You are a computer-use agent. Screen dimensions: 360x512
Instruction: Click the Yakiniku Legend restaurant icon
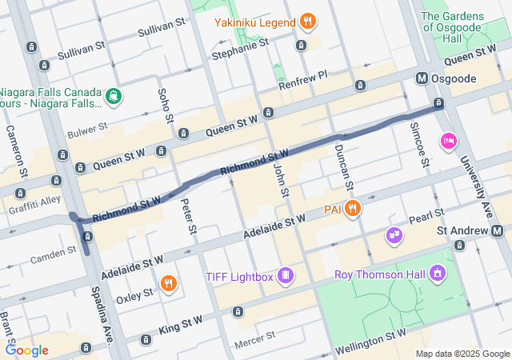[307, 21]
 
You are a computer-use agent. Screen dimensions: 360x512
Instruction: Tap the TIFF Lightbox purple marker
[284, 276]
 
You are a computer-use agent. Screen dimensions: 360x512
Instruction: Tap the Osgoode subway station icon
[421, 78]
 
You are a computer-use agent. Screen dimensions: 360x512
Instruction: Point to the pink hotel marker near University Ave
[448, 142]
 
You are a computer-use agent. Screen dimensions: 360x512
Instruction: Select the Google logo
[26, 350]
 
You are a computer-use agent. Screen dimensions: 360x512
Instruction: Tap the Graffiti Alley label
[34, 201]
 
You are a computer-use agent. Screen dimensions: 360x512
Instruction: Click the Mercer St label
[254, 339]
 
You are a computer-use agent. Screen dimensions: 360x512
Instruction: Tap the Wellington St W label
[373, 338]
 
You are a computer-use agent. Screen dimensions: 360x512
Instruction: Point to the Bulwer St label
[87, 129]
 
